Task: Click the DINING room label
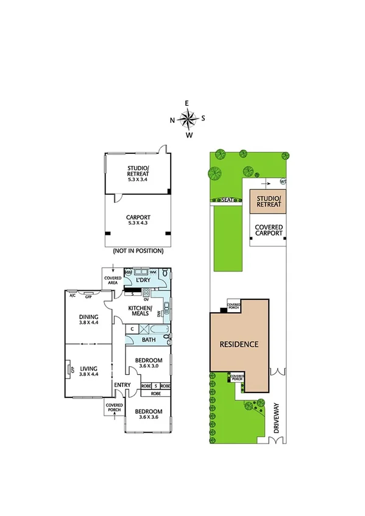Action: (x=89, y=316)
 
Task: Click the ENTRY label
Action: (x=122, y=385)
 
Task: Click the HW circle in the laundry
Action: (x=129, y=273)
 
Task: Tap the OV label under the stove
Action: (x=146, y=299)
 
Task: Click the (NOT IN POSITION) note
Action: (x=138, y=250)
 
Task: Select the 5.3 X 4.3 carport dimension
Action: (x=138, y=223)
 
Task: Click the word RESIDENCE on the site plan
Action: (x=239, y=344)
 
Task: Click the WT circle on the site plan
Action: (x=283, y=181)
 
